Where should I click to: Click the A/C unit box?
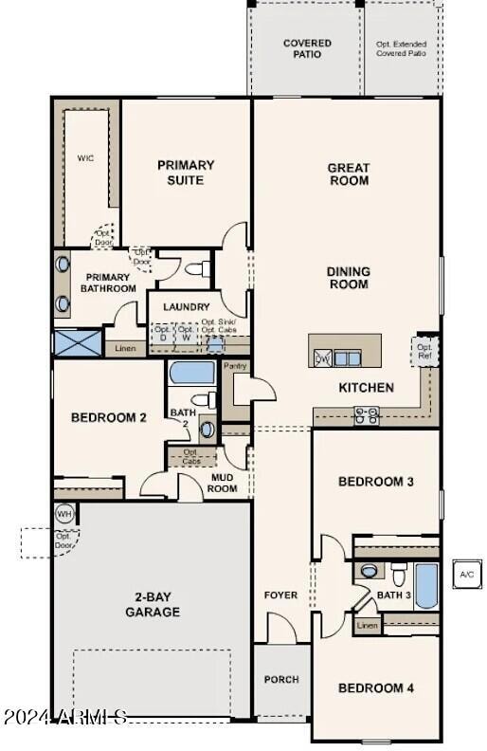click(x=466, y=575)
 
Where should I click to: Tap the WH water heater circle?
click(x=63, y=514)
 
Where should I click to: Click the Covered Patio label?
click(x=307, y=48)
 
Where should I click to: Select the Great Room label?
click(x=349, y=174)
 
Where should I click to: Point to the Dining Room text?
click(x=349, y=278)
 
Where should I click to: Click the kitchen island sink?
click(x=347, y=357)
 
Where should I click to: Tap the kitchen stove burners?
click(x=367, y=414)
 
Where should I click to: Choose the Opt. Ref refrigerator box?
click(x=424, y=352)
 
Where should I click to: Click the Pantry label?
click(x=235, y=366)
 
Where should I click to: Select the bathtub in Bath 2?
click(x=192, y=373)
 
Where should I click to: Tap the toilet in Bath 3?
click(x=398, y=574)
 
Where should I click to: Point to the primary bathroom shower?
click(x=77, y=342)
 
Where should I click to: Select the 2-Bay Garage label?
click(x=152, y=605)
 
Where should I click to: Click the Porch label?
click(x=281, y=679)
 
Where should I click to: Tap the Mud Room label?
click(x=222, y=483)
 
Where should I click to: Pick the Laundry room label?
click(x=186, y=307)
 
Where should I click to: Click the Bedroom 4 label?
click(x=376, y=688)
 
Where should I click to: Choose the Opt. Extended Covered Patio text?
click(x=403, y=48)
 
